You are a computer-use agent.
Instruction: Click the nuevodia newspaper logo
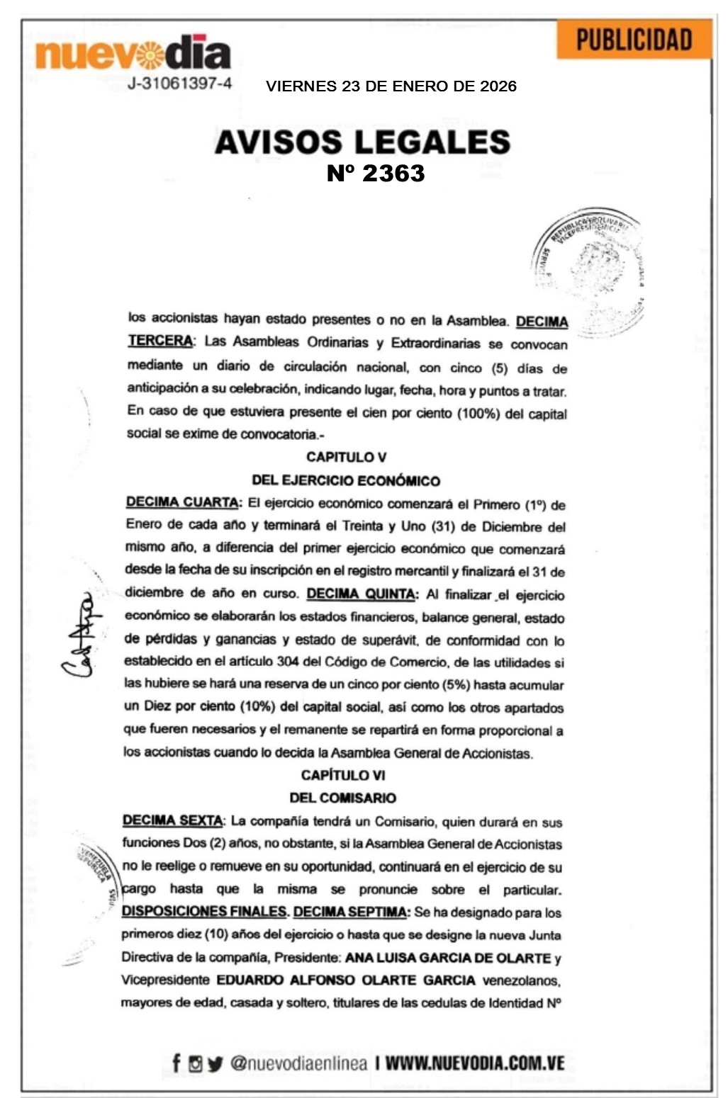[133, 53]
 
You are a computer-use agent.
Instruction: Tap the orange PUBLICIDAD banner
[634, 40]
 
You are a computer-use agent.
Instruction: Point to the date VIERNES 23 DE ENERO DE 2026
[391, 86]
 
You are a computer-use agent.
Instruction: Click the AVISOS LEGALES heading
[362, 142]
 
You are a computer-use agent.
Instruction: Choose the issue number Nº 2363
[376, 174]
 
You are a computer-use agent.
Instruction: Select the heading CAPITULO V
[346, 458]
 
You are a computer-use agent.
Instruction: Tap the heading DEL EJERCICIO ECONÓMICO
[346, 480]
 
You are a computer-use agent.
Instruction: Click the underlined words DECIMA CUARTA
[182, 502]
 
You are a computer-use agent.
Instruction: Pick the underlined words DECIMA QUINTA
[361, 594]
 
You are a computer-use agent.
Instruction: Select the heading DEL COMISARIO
[342, 798]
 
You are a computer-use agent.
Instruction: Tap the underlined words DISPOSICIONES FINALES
[204, 912]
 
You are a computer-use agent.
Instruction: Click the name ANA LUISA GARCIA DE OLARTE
[448, 958]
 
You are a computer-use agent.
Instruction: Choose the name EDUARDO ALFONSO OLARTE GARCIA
[346, 980]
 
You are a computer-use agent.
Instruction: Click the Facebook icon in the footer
[177, 1063]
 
